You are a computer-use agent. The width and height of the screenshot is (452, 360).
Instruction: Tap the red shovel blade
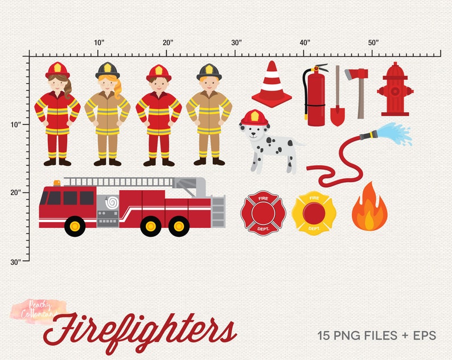[338, 116]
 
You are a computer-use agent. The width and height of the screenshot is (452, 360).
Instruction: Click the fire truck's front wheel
[75, 227]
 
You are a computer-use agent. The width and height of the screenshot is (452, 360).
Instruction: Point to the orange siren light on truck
[57, 183]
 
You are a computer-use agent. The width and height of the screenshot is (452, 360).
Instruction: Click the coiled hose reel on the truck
[112, 202]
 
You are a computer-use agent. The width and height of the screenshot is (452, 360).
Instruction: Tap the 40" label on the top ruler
[305, 43]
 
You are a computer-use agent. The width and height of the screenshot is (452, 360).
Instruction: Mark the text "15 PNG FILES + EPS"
[377, 336]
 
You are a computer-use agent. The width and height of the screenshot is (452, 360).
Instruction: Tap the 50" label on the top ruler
[373, 43]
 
